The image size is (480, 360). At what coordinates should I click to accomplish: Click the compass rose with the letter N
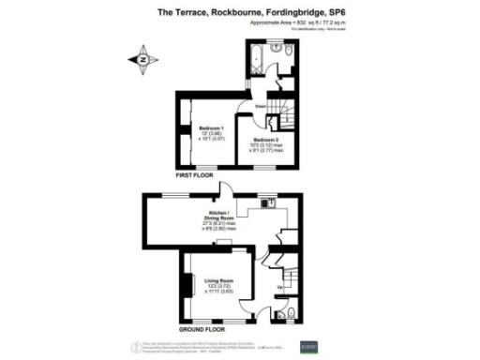pos(143,60)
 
